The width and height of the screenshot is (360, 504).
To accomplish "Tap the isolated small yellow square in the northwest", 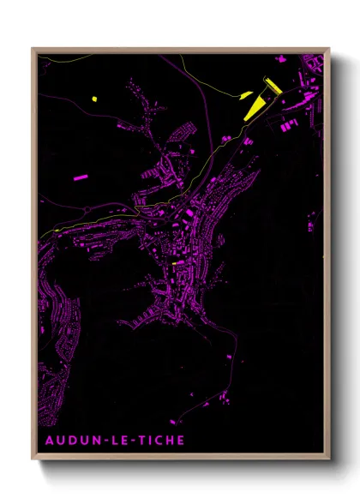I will [93, 98].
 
